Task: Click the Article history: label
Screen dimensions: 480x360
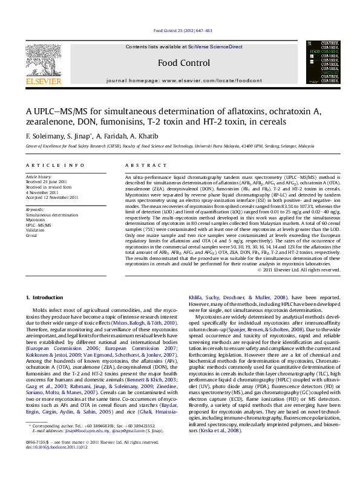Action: pyautogui.click(x=39, y=177)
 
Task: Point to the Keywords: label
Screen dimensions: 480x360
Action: pyautogui.click(x=36, y=209)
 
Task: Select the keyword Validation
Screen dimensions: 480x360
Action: pyautogui.click(x=35, y=230)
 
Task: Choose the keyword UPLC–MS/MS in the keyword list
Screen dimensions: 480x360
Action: pyautogui.click(x=38, y=225)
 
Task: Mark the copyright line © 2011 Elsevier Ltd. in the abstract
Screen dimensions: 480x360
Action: pyautogui.click(x=299, y=270)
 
